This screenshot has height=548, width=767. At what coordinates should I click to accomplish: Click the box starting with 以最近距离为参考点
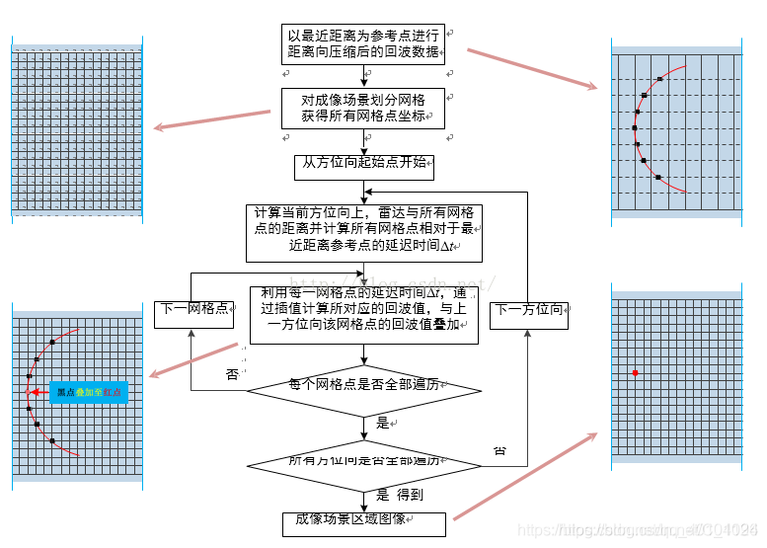pos(363,44)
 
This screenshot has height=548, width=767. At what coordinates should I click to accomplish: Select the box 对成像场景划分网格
pos(362,109)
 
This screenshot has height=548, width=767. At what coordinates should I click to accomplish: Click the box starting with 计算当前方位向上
pos(363,233)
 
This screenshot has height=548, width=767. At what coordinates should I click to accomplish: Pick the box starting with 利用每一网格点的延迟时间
pos(363,315)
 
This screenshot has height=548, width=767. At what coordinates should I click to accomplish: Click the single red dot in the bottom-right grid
pos(635,372)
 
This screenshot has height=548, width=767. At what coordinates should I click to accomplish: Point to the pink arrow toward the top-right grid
pos(532,68)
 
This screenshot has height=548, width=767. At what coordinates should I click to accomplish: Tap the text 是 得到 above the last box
pos(400,495)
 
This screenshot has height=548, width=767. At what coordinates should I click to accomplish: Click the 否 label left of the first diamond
pos(232,374)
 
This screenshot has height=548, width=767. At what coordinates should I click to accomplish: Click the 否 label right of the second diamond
pos(499,450)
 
